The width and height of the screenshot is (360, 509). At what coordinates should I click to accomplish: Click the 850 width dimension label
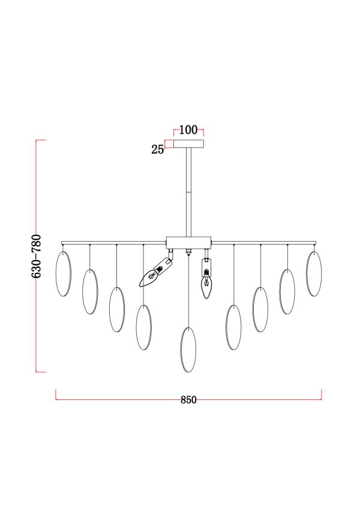188,400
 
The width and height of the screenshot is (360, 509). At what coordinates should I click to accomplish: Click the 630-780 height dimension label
37,256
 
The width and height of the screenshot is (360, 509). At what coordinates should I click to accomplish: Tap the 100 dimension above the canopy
188,130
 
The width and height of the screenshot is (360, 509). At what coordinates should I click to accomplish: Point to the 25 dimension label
158,149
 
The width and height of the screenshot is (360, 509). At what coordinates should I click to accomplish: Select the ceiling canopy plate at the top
189,144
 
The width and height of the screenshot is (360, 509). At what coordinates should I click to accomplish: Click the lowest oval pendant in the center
188,350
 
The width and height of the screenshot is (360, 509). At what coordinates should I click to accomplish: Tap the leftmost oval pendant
64,273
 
